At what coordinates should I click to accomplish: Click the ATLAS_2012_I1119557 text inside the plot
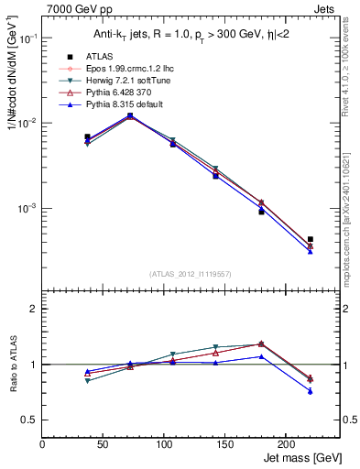pyautogui.click(x=190, y=273)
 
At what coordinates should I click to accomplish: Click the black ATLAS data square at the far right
pyautogui.click(x=311, y=239)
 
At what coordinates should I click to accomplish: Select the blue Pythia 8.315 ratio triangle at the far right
pyautogui.click(x=311, y=391)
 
